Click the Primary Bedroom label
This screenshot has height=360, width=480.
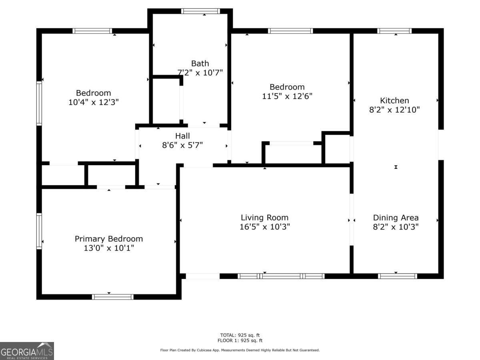click(x=108, y=239)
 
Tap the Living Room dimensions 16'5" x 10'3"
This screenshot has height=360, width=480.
click(x=264, y=227)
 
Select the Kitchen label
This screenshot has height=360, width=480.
click(x=394, y=100)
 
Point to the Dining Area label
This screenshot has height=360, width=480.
click(x=396, y=218)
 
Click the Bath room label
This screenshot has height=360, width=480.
click(x=200, y=63)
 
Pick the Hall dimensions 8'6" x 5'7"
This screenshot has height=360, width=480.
click(x=182, y=145)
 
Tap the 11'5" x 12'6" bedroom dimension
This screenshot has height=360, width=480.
click(x=287, y=96)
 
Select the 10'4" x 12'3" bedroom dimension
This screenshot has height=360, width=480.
click(x=94, y=102)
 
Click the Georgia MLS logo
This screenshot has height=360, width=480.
click(x=27, y=351)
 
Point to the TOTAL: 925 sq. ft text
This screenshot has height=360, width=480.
click(x=240, y=335)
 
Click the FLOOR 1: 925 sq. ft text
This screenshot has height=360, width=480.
click(x=240, y=341)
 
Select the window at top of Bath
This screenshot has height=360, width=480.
click(x=200, y=11)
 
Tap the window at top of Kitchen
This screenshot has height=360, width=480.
click(x=394, y=31)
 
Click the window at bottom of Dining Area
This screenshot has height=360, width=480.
click(x=397, y=276)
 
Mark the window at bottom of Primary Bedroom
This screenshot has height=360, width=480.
click(x=112, y=297)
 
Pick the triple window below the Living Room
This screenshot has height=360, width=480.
click(x=281, y=276)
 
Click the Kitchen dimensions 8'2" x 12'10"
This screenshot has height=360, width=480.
click(x=394, y=110)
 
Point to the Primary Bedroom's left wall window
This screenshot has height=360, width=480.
click(x=39, y=231)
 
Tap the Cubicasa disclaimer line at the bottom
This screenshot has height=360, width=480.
click(x=240, y=350)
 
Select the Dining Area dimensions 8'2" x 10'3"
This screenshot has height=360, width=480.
click(x=396, y=227)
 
